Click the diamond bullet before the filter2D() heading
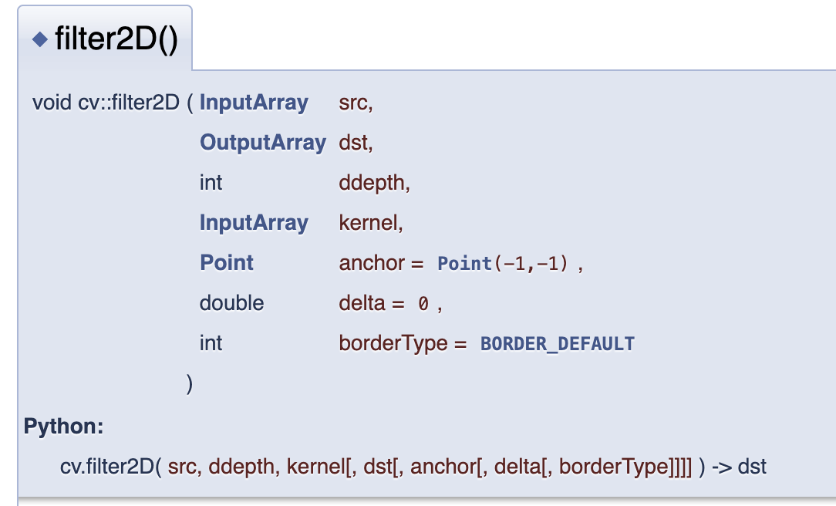pyautogui.click(x=40, y=39)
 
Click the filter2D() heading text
pyautogui.click(x=116, y=39)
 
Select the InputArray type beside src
pyautogui.click(x=254, y=103)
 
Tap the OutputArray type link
pyautogui.click(x=263, y=143)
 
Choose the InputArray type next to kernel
pyautogui.click(x=254, y=223)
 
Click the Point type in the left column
pyautogui.click(x=227, y=263)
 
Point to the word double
pyautogui.click(x=231, y=303)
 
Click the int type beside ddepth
pyautogui.click(x=211, y=183)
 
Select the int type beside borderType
pyautogui.click(x=211, y=343)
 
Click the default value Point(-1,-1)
pyautogui.click(x=502, y=264)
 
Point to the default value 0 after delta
pyautogui.click(x=423, y=304)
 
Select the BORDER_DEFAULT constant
pyautogui.click(x=557, y=344)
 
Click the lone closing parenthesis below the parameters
pyautogui.click(x=189, y=383)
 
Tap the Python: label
pyautogui.click(x=64, y=426)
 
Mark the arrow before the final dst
pyautogui.click(x=722, y=467)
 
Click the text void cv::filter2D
pyautogui.click(x=106, y=103)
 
